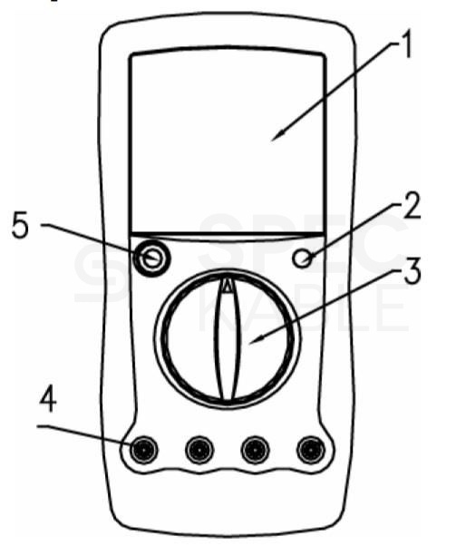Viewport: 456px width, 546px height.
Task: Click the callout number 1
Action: (x=405, y=44)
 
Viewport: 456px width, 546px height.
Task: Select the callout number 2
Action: (x=412, y=206)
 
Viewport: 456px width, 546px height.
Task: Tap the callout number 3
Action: (x=412, y=271)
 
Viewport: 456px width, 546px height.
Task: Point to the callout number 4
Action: (x=48, y=400)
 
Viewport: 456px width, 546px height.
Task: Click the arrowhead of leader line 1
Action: (x=277, y=136)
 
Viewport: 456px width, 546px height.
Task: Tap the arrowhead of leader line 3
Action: (x=257, y=340)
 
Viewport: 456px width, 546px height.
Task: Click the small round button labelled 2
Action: (x=302, y=258)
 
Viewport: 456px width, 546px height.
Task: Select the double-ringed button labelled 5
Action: (x=151, y=258)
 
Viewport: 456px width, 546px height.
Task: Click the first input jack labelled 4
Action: (x=143, y=450)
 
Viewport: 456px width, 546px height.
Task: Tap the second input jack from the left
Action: (x=199, y=450)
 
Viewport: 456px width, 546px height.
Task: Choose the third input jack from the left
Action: (x=255, y=450)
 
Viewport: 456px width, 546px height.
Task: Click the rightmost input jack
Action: (x=311, y=450)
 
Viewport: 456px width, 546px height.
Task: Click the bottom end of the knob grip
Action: (x=228, y=400)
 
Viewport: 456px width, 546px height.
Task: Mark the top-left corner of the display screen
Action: (x=131, y=55)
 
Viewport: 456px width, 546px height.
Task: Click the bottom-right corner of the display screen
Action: (x=325, y=232)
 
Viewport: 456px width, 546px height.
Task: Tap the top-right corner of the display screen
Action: (x=324, y=55)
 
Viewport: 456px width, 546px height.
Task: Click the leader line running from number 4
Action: (x=83, y=434)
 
